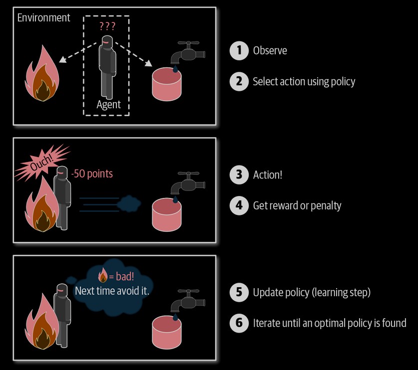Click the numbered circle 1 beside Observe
239,50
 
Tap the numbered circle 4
239,205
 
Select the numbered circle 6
239,323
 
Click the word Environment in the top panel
44,18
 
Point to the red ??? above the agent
107,26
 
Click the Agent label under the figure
108,105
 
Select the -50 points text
91,174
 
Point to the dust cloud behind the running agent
129,202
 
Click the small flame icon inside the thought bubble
103,274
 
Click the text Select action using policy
304,81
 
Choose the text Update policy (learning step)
312,292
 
